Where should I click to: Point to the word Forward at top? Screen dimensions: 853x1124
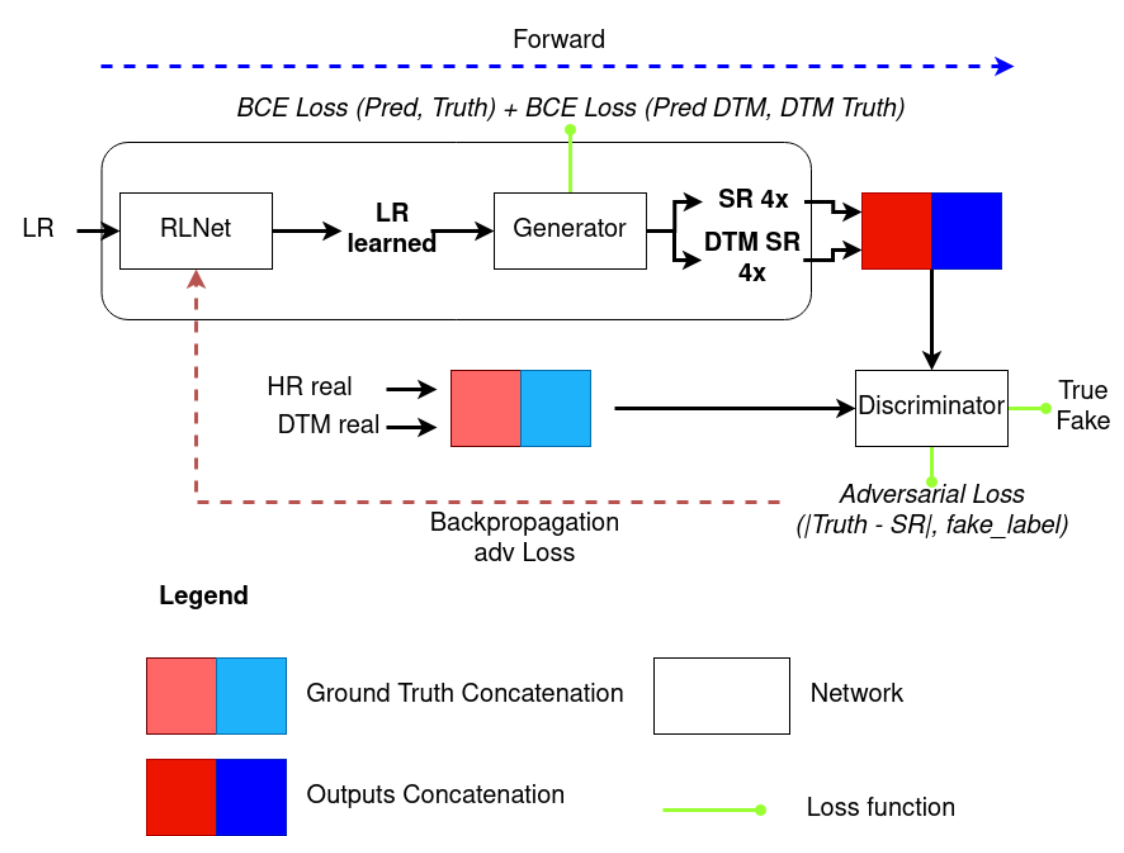pyautogui.click(x=559, y=39)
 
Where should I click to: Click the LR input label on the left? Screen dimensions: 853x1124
pyautogui.click(x=38, y=228)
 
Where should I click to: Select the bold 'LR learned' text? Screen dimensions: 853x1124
pyautogui.click(x=391, y=227)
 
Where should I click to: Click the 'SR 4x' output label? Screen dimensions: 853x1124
pyautogui.click(x=753, y=198)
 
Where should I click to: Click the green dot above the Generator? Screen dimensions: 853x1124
pyautogui.click(x=570, y=130)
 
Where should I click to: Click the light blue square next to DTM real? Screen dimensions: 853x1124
pyautogui.click(x=556, y=408)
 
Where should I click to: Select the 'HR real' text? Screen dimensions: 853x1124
pyautogui.click(x=309, y=386)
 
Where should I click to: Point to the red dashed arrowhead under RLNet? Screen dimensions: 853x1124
pyautogui.click(x=196, y=279)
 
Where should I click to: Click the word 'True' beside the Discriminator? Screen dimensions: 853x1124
pyautogui.click(x=1083, y=390)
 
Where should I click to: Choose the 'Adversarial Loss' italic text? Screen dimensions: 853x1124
pyautogui.click(x=931, y=494)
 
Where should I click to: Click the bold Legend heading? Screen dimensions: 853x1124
pyautogui.click(x=203, y=595)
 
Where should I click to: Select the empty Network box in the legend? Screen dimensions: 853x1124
pyautogui.click(x=721, y=696)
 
